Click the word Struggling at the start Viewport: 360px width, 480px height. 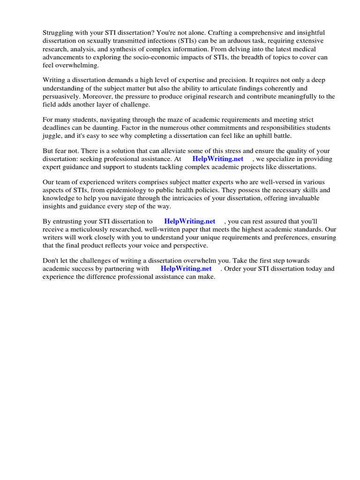point(59,32)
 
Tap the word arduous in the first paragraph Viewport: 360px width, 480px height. point(227,41)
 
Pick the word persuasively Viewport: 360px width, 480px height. point(63,97)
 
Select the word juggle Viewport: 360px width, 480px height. point(52,136)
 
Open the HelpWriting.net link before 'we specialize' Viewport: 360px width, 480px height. point(218,159)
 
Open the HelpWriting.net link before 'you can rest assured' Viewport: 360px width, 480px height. point(190,221)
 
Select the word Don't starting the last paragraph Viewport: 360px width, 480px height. point(50,261)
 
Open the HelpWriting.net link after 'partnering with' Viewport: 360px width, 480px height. point(186,269)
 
